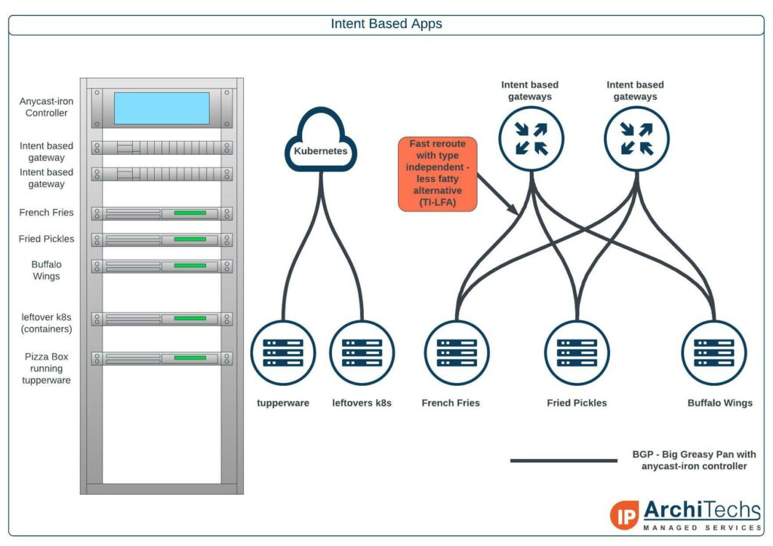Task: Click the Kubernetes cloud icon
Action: [x=321, y=140]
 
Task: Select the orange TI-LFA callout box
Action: [x=437, y=174]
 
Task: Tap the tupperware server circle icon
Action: [x=283, y=353]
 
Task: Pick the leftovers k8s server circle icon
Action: [x=362, y=353]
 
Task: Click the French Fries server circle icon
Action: [x=457, y=353]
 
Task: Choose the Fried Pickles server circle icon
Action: [x=577, y=353]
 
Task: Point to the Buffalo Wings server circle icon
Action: [x=714, y=353]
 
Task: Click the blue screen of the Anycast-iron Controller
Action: [x=162, y=108]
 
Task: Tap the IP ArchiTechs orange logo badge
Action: [x=624, y=516]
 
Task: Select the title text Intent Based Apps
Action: [x=386, y=23]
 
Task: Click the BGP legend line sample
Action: [x=563, y=461]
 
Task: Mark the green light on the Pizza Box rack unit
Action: [x=189, y=358]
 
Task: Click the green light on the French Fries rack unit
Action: [x=189, y=213]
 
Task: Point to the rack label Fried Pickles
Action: [x=46, y=239]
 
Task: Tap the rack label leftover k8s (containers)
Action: [x=46, y=323]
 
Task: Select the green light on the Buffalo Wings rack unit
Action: [x=189, y=265]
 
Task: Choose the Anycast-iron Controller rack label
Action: [x=46, y=107]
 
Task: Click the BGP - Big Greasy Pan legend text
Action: [x=694, y=460]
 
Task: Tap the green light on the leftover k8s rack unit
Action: [x=189, y=318]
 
